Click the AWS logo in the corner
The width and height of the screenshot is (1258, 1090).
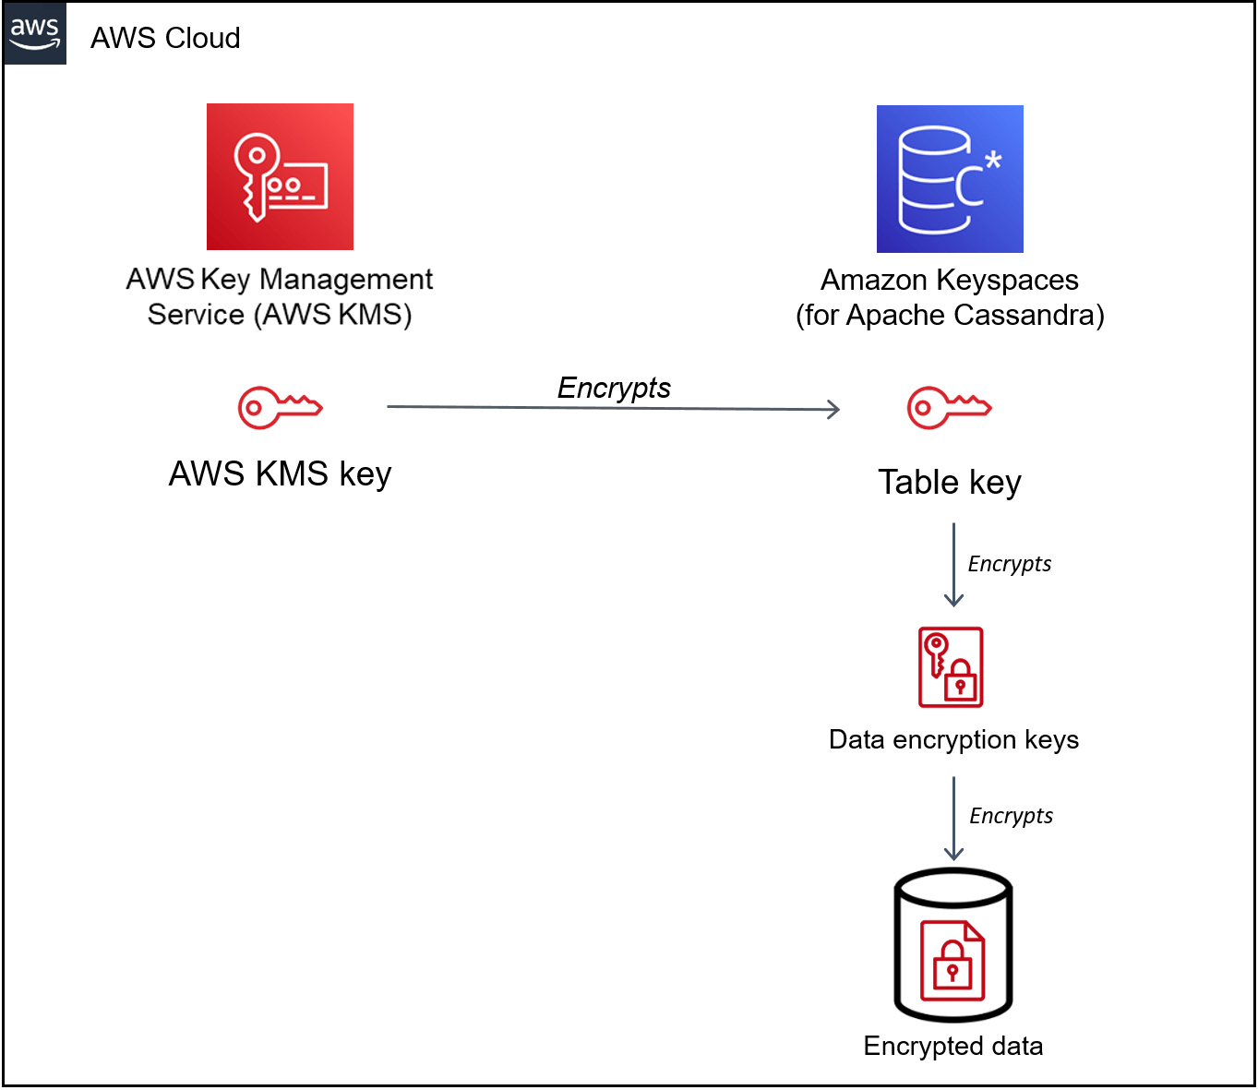(34, 33)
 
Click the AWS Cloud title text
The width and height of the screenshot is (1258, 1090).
(165, 38)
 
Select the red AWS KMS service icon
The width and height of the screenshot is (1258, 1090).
(280, 176)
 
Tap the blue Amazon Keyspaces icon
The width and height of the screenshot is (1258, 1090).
(950, 179)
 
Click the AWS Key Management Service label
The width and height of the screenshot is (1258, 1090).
(280, 296)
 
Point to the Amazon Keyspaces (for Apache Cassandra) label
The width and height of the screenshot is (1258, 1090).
(950, 297)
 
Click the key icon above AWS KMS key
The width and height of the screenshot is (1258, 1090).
(280, 407)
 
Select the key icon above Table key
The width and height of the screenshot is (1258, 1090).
(949, 407)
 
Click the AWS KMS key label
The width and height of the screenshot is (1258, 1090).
(280, 473)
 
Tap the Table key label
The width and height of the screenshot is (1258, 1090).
(949, 482)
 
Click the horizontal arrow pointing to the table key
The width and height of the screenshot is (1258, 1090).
(613, 408)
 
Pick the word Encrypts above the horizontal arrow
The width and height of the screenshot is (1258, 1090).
(614, 388)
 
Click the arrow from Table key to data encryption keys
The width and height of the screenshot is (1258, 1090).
(953, 564)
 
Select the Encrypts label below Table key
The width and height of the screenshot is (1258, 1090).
(1009, 564)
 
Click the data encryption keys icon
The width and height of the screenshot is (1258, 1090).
(951, 667)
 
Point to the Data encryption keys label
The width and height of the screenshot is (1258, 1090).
(953, 739)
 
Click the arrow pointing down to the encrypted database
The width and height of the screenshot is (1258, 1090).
(953, 818)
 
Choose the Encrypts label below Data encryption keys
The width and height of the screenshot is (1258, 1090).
(1011, 816)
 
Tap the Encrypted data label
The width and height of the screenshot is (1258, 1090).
(952, 1046)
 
